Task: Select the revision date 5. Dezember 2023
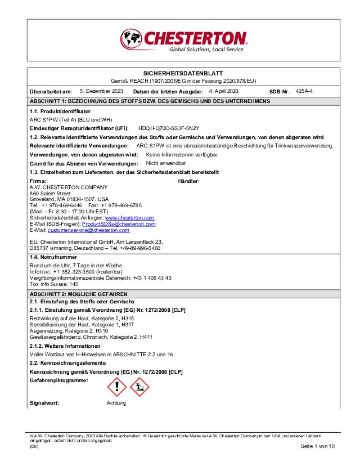pos(102,91)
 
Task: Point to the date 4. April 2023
pos(224,91)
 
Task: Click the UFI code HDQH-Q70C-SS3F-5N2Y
pos(169,128)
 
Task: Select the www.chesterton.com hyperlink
pos(129,217)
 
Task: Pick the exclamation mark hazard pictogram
pos(117,387)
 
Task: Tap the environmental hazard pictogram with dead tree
pos(140,387)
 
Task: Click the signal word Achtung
pos(116,403)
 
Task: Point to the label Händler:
pos(188,181)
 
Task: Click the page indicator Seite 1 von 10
pos(318,446)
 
